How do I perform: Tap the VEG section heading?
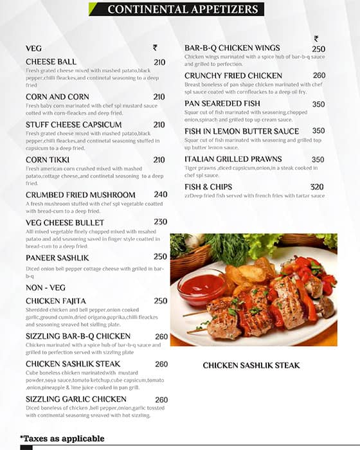(x=33, y=48)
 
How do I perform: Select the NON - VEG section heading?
(x=46, y=287)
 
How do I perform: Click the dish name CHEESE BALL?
(x=51, y=62)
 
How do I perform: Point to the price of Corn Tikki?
(x=159, y=160)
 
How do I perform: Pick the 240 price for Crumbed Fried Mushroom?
(x=161, y=194)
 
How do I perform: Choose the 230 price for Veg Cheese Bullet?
(x=161, y=222)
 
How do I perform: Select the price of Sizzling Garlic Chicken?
(x=161, y=400)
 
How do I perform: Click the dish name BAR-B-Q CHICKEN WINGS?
(x=232, y=48)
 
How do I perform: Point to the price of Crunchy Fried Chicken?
(x=319, y=75)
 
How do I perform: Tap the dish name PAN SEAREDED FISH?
(x=222, y=104)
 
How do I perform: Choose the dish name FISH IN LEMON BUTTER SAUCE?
(x=242, y=131)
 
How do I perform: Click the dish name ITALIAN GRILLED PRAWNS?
(x=233, y=159)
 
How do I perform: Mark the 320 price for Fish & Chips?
(x=317, y=187)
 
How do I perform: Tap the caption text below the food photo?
(x=251, y=365)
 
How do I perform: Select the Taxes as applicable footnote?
(x=62, y=438)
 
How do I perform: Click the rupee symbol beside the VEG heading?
(x=155, y=48)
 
